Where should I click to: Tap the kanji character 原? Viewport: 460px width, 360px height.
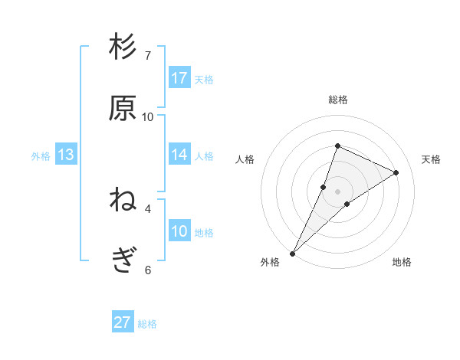point(123,109)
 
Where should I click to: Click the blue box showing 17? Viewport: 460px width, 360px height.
point(179,77)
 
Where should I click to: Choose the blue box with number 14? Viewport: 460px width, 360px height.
point(179,155)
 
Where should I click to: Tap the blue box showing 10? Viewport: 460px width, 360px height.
point(179,231)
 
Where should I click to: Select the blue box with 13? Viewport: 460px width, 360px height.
point(66,155)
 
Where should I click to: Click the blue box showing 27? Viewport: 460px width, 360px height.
point(123,322)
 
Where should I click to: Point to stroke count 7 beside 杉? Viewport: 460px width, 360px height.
point(148,55)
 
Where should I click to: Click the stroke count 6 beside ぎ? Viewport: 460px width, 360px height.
point(148,270)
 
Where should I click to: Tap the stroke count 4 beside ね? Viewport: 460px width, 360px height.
point(148,208)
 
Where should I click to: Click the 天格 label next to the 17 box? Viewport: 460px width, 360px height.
point(204,79)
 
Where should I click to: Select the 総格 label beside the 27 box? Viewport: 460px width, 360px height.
point(147,324)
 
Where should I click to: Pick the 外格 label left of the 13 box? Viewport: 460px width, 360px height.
point(41,156)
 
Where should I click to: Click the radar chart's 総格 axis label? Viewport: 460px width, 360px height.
point(338,100)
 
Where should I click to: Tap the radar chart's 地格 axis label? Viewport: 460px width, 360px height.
point(402,262)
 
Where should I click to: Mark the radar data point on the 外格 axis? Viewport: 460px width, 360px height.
point(293,253)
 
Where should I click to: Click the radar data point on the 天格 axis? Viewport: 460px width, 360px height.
point(396,172)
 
